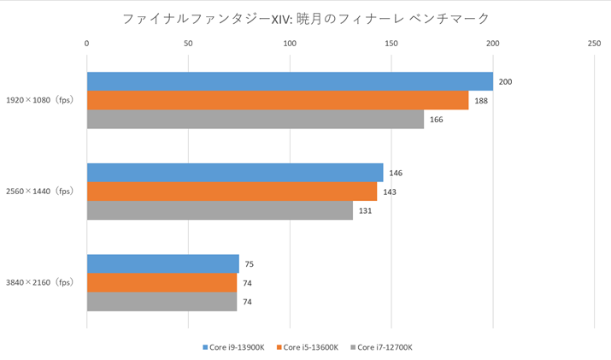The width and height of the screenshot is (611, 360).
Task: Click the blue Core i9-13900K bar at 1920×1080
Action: (x=290, y=81)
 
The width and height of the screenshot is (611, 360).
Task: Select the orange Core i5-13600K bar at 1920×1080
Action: (x=278, y=100)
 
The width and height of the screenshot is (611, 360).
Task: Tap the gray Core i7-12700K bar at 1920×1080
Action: (x=256, y=119)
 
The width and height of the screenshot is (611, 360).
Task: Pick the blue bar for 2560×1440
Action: (x=235, y=173)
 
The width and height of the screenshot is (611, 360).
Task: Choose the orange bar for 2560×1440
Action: (x=232, y=192)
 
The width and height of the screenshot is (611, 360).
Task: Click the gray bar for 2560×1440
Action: (x=220, y=210)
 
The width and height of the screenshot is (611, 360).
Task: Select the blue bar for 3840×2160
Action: (x=162, y=264)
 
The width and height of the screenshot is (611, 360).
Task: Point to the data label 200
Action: (x=506, y=82)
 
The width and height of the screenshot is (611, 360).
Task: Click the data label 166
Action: (x=437, y=120)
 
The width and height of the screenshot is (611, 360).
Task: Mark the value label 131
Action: (x=366, y=211)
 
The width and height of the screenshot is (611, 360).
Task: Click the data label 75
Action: (x=250, y=265)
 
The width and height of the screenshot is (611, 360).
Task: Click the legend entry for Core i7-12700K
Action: (x=384, y=347)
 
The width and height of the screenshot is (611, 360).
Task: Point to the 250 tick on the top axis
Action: (x=594, y=42)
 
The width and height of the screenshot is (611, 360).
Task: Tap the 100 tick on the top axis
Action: (x=290, y=42)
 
